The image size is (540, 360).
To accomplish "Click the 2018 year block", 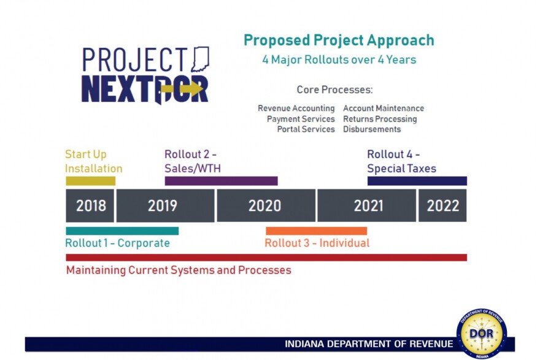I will (90, 205).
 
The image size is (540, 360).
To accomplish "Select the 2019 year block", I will (165, 205).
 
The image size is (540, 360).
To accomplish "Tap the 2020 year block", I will (266, 205).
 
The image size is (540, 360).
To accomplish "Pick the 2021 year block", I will (366, 205).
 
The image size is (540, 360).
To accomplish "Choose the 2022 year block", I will (442, 205).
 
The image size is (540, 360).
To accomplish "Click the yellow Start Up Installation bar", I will (90, 181).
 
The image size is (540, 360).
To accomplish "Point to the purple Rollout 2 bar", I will (221, 181).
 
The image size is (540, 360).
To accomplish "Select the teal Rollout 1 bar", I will (122, 231).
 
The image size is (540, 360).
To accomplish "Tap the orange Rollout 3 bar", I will (316, 231).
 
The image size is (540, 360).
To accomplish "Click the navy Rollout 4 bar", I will (417, 181).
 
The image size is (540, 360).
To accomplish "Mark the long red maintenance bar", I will (266, 258).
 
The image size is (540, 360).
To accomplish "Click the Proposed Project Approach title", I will (339, 40).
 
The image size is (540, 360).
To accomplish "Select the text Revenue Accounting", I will (296, 109).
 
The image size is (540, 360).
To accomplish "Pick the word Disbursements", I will (372, 129).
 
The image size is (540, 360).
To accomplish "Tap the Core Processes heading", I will (334, 90).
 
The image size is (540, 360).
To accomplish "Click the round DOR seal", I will (481, 333).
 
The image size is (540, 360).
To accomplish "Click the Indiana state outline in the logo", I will (200, 59).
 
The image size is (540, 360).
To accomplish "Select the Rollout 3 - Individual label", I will (317, 243).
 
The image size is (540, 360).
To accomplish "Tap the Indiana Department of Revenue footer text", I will (369, 344).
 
